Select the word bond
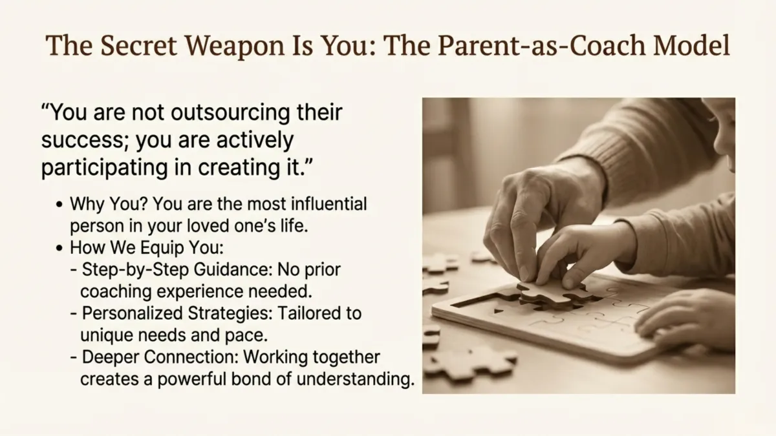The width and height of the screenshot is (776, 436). click(x=276, y=379)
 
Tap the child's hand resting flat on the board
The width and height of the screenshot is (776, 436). click(x=679, y=319)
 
